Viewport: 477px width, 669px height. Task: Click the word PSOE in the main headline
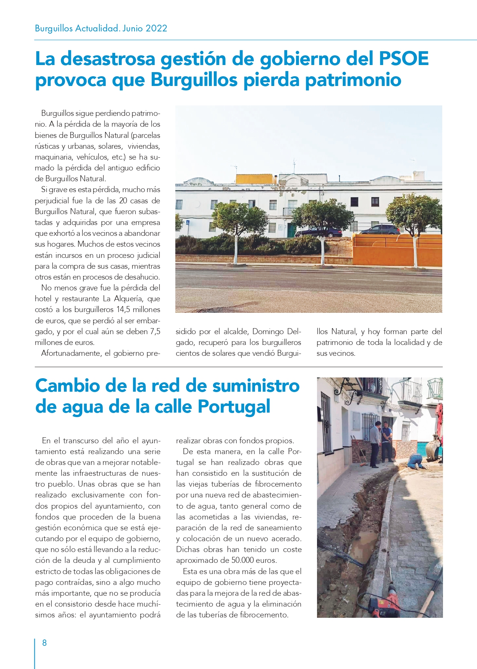click(x=404, y=59)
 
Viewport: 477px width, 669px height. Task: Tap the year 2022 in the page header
click(x=156, y=28)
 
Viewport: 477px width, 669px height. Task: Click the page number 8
click(x=44, y=642)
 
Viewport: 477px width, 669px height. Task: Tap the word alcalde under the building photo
click(x=236, y=332)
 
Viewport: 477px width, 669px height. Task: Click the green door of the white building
click(x=291, y=229)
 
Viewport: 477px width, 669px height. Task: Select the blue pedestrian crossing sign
click(x=188, y=222)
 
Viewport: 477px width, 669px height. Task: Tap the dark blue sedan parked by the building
click(x=318, y=232)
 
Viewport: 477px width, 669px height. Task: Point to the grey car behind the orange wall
click(x=378, y=229)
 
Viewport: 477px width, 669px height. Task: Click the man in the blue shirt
click(x=387, y=441)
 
